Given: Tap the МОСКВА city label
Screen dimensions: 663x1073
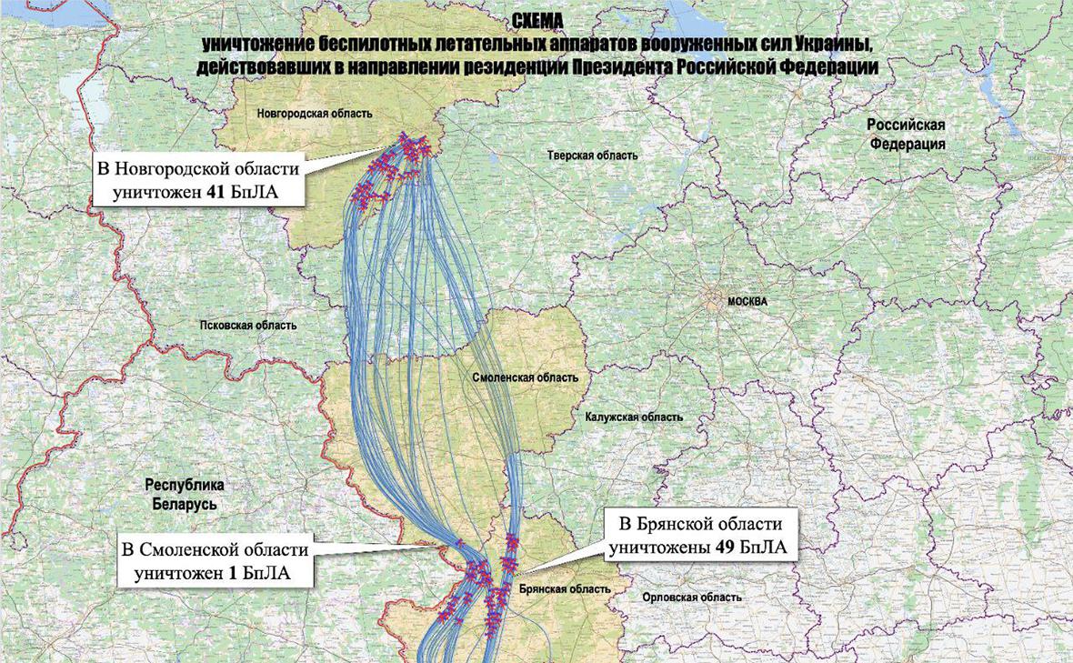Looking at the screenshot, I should pyautogui.click(x=747, y=301).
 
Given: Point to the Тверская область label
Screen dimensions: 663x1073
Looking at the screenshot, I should pyautogui.click(x=592, y=156).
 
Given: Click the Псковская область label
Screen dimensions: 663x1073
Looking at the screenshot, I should pyautogui.click(x=248, y=325).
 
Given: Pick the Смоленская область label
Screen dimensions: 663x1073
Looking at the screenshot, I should pyautogui.click(x=526, y=377).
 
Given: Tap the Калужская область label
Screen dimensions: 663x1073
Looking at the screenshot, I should pyautogui.click(x=634, y=417).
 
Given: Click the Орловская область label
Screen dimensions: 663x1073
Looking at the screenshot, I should pyautogui.click(x=691, y=598).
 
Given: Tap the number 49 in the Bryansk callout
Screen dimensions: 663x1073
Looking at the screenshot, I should pyautogui.click(x=725, y=547).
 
